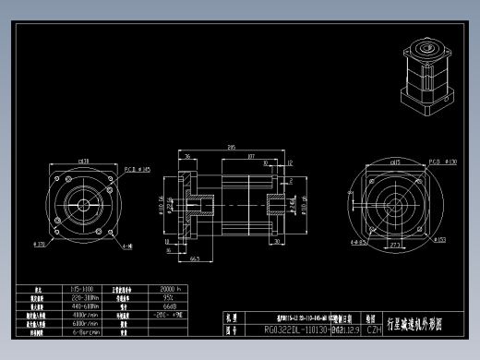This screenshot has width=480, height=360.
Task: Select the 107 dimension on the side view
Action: (252, 157)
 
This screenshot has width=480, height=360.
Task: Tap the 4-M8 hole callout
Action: (127, 246)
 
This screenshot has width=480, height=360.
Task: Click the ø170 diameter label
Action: (41, 245)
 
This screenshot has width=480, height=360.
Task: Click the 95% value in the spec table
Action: (169, 298)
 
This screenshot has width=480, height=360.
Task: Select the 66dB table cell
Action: (169, 306)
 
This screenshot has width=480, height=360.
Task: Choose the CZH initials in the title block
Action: (374, 329)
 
